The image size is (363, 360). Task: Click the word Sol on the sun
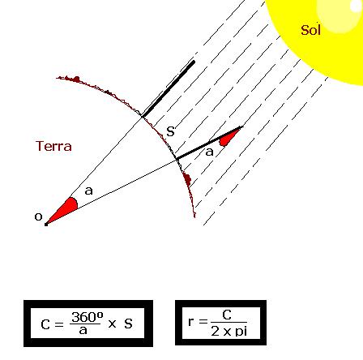[x=310, y=30]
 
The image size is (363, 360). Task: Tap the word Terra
[x=53, y=146]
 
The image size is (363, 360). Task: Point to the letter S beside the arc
[x=170, y=131]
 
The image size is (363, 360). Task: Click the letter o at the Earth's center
[x=38, y=216]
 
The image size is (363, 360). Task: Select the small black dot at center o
[x=46, y=224]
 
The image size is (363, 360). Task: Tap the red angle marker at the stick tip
[x=229, y=137]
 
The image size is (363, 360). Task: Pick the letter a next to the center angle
[x=89, y=191]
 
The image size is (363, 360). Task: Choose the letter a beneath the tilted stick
[x=209, y=152]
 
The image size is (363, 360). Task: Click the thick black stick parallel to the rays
[x=169, y=89]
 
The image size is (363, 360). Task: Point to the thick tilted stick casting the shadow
[x=209, y=142]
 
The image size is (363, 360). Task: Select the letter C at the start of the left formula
[x=45, y=324]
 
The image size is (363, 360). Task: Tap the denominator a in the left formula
[x=83, y=331]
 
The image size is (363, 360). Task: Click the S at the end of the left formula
[x=128, y=324]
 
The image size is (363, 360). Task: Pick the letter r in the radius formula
[x=191, y=321]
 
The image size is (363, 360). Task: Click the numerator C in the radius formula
[x=227, y=315]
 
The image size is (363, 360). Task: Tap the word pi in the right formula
[x=241, y=332]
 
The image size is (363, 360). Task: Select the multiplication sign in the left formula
[x=112, y=324]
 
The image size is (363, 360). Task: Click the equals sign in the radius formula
[x=203, y=321]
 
